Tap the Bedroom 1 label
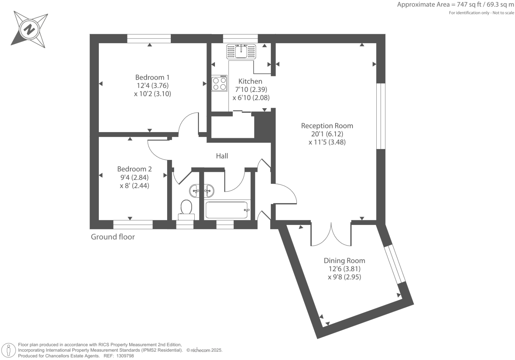pos(152,77)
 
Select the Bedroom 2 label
pos(134,169)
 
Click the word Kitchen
pos(250,81)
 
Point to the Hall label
pos(222,156)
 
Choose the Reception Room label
pos(327,126)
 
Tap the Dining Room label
pos(344,261)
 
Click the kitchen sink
pos(241,51)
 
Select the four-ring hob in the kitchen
pos(220,83)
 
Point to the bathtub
pos(227,210)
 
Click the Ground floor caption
pos(113,237)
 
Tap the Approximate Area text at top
pos(455,5)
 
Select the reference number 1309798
pos(124,356)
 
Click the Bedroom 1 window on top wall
pos(149,38)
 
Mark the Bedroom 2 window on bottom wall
pos(133,225)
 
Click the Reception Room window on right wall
pos(381,116)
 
